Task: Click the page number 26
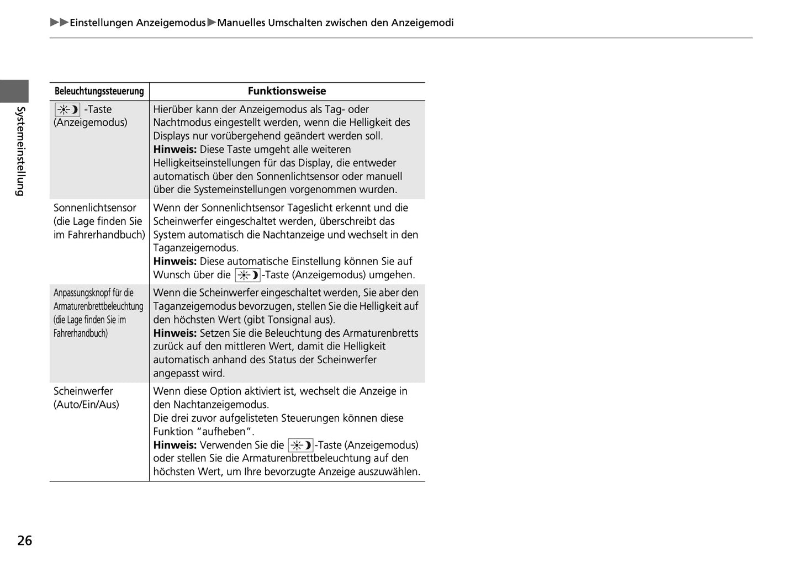tap(25, 540)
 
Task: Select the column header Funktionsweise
tap(287, 91)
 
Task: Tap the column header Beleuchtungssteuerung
tap(99, 91)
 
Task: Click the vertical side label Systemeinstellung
tap(20, 151)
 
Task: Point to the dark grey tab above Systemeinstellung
tap(14, 91)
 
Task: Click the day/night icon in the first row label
tap(67, 109)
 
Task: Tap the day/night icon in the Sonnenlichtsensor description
tap(247, 275)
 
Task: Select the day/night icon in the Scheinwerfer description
tap(300, 445)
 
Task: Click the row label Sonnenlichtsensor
tap(95, 208)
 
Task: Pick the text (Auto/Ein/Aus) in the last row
tap(86, 405)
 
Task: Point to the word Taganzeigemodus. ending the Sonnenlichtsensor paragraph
tap(196, 248)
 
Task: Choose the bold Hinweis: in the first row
tap(175, 150)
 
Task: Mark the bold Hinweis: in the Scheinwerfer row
tap(175, 445)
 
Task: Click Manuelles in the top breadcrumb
tap(241, 23)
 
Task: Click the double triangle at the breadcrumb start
tap(59, 23)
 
